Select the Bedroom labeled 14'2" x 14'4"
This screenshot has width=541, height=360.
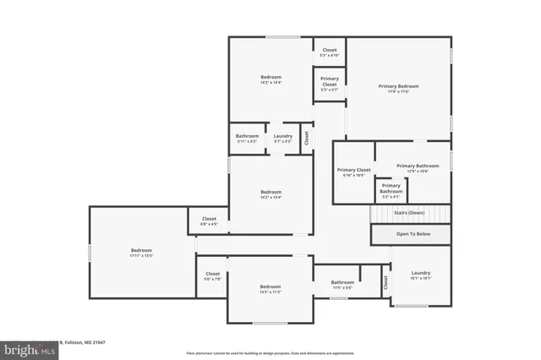(x=270, y=79)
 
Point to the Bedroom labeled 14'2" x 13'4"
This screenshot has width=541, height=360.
(x=270, y=194)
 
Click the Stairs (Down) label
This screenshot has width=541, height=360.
(x=409, y=213)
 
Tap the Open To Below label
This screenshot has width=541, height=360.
(x=413, y=234)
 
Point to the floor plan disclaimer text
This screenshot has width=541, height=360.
(x=270, y=352)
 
